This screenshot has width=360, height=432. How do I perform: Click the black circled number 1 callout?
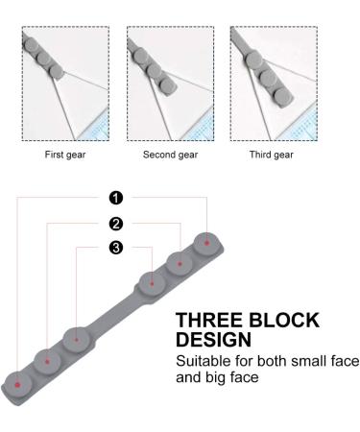point(116,198)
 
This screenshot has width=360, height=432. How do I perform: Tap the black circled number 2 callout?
point(116,224)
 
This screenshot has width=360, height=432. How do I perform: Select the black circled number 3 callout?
point(116,249)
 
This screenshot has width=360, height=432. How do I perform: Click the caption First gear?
point(64,155)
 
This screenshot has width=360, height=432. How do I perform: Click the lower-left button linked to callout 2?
point(47,361)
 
